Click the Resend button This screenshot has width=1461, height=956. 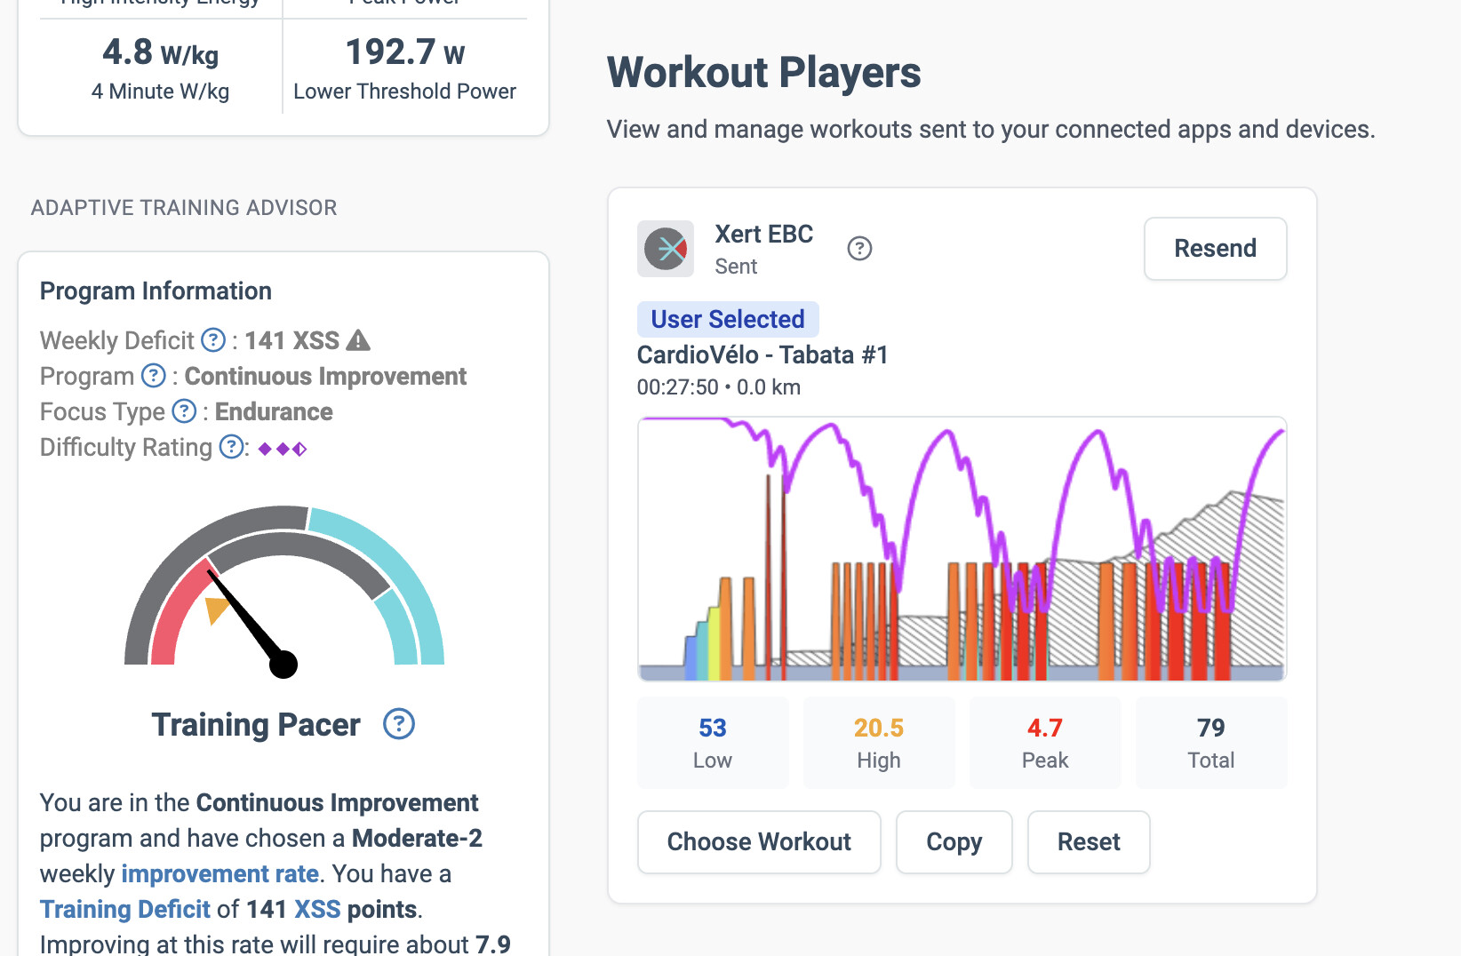(x=1215, y=249)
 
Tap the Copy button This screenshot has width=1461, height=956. (x=954, y=841)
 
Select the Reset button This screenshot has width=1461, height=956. (x=1089, y=841)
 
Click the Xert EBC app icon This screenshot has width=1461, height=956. (x=666, y=249)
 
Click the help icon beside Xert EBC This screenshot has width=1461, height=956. (x=859, y=249)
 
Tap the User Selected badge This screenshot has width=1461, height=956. (x=728, y=319)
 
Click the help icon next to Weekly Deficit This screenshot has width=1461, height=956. (x=213, y=340)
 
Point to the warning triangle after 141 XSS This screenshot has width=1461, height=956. (x=358, y=340)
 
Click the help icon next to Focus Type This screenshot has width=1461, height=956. (x=184, y=411)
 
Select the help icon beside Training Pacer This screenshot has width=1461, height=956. (x=399, y=724)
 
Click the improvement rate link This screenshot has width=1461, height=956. (x=220, y=873)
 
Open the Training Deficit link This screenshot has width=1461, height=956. (x=125, y=909)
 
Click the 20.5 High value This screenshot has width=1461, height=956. (x=879, y=742)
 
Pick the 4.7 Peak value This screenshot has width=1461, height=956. (x=1045, y=742)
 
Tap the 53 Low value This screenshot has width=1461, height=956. (x=713, y=742)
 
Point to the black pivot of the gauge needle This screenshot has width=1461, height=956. (x=283, y=664)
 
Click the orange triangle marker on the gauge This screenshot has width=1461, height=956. (x=216, y=609)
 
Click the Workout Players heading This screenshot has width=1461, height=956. (x=764, y=73)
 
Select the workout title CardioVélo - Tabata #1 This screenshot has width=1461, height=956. (x=762, y=355)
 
